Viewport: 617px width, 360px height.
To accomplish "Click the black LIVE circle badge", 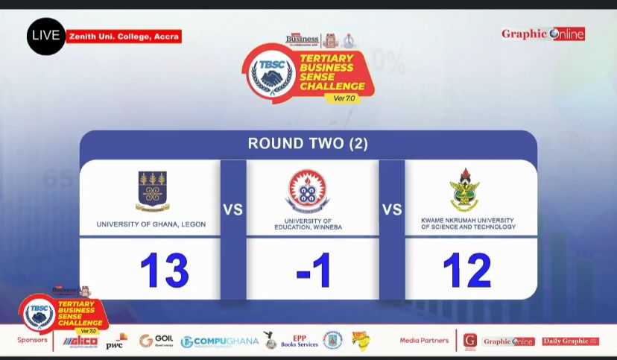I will coord(46,36).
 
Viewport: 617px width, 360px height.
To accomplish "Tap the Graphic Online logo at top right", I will coord(542,34).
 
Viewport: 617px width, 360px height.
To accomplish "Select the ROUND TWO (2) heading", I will coord(308,143).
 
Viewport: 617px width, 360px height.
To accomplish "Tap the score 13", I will coord(164,270).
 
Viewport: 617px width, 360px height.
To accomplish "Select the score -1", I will coord(313,270).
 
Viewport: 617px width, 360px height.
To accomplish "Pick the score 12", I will coord(467,270).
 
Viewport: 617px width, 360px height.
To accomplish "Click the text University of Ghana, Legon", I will coord(151,224).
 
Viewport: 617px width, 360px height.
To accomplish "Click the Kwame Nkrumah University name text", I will coord(468,224).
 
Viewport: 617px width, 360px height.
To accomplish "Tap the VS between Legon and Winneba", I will coord(233,209).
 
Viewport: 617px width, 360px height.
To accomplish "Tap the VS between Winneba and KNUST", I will coord(392,209).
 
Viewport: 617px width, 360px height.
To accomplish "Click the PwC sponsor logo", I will coord(116,342).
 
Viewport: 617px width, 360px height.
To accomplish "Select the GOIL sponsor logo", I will coord(156,341).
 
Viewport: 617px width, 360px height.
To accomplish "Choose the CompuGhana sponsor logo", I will coord(220,341).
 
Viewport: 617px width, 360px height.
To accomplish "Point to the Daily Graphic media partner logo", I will coord(570,341).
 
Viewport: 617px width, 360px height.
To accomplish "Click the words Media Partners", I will coord(424,341).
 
